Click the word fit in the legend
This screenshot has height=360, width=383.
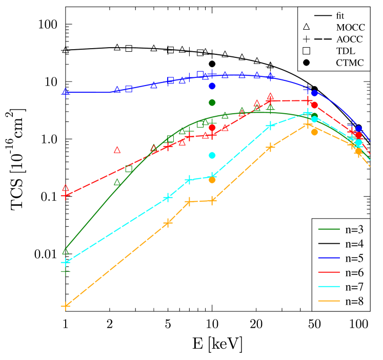pos(340,16)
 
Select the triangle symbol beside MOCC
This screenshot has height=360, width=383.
pos(307,27)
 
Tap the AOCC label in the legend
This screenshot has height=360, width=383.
pos(349,39)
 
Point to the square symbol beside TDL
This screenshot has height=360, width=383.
pos(307,51)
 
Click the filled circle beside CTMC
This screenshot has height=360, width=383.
pos(307,62)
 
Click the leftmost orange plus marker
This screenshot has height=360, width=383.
pos(65,306)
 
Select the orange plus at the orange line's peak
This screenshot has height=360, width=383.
pos(308,124)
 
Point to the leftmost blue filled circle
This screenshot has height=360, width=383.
pos(212,86)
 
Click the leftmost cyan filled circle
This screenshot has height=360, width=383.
pos(212,155)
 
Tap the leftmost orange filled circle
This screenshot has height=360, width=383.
pos(212,180)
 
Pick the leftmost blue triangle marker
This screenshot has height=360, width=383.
pos(66,91)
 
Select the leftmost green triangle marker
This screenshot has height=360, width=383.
pos(66,251)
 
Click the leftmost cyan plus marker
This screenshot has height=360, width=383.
pos(65,262)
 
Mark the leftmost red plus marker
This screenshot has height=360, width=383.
pos(65,196)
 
